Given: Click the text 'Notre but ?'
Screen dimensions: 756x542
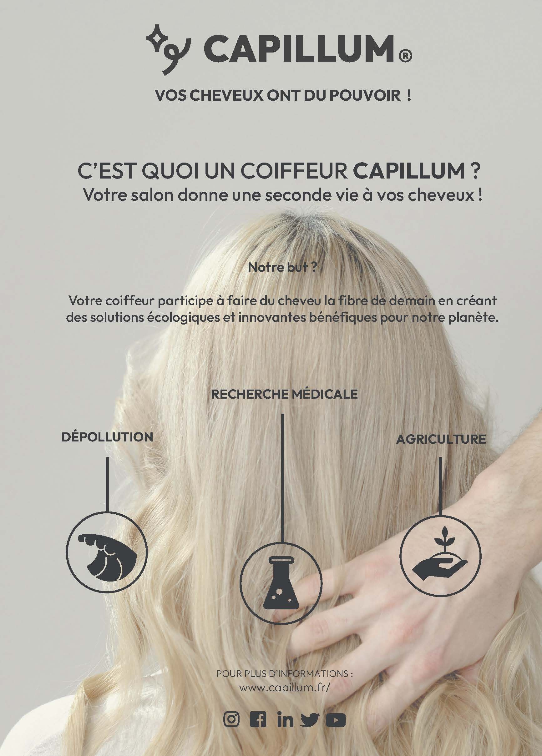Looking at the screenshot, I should [x=282, y=268].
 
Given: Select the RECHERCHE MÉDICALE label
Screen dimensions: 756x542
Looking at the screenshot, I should [x=285, y=394].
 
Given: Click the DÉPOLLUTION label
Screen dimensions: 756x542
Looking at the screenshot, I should [x=107, y=437].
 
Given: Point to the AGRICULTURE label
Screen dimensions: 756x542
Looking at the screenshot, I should [x=441, y=439].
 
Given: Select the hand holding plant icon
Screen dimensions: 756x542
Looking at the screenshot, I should [x=440, y=555].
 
